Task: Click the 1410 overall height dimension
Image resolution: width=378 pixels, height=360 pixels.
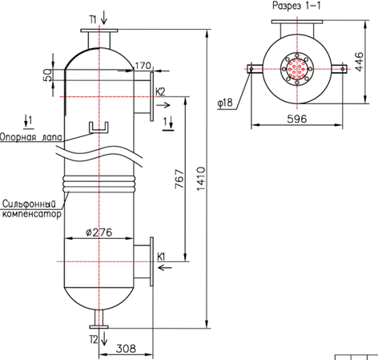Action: pos(201,179)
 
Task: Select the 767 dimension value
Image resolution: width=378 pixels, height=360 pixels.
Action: pos(179,179)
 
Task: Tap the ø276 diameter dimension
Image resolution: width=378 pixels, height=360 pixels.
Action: pos(99,233)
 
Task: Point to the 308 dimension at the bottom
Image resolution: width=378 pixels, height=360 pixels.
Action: pos(126,349)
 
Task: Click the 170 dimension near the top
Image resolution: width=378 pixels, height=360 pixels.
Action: pos(143,66)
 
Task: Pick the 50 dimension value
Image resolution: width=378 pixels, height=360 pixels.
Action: pos(47,75)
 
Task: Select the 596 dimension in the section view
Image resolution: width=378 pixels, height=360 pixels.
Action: pos(297,119)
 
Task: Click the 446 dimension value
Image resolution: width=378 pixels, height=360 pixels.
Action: pos(360,62)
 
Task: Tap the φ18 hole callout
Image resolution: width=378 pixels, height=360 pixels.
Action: pos(225,103)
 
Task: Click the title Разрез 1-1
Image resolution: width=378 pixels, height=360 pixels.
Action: pos(296,6)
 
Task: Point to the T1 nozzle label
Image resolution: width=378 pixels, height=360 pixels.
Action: pos(93,19)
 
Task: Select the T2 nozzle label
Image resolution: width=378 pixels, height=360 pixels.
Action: pos(94,340)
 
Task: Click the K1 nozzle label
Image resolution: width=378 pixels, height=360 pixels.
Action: pos(161,257)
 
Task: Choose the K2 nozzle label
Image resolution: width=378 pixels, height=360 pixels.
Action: pos(160,91)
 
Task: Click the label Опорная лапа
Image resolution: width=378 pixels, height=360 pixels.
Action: pos(31,137)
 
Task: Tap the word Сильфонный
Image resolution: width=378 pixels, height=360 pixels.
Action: pos(30,204)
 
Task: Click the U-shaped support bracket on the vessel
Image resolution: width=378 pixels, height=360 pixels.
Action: pos(99,127)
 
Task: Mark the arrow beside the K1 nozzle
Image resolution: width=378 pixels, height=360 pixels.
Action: pos(165,267)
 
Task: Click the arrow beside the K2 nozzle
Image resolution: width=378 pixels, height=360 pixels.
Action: pos(163,105)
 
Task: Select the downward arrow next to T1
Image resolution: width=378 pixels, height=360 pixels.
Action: pos(104,19)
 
